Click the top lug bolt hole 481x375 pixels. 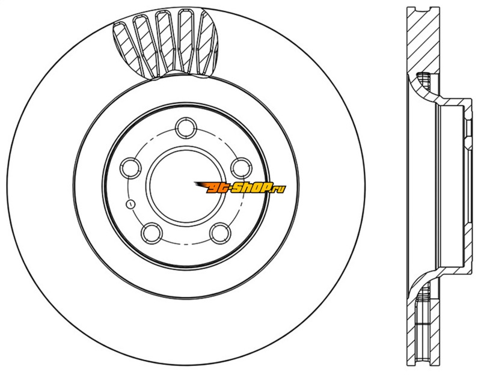[x=186, y=127]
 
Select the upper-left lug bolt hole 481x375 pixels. [x=131, y=168]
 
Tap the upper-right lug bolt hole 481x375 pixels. [x=241, y=168]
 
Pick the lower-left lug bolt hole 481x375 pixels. [x=152, y=234]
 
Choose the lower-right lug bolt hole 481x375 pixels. [x=220, y=234]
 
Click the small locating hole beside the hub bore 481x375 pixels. [x=130, y=204]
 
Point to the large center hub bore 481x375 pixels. [x=186, y=186]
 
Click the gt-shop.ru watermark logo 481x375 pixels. [x=240, y=187]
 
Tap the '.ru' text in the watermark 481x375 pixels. [x=279, y=188]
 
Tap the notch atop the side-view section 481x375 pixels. [x=423, y=10]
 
